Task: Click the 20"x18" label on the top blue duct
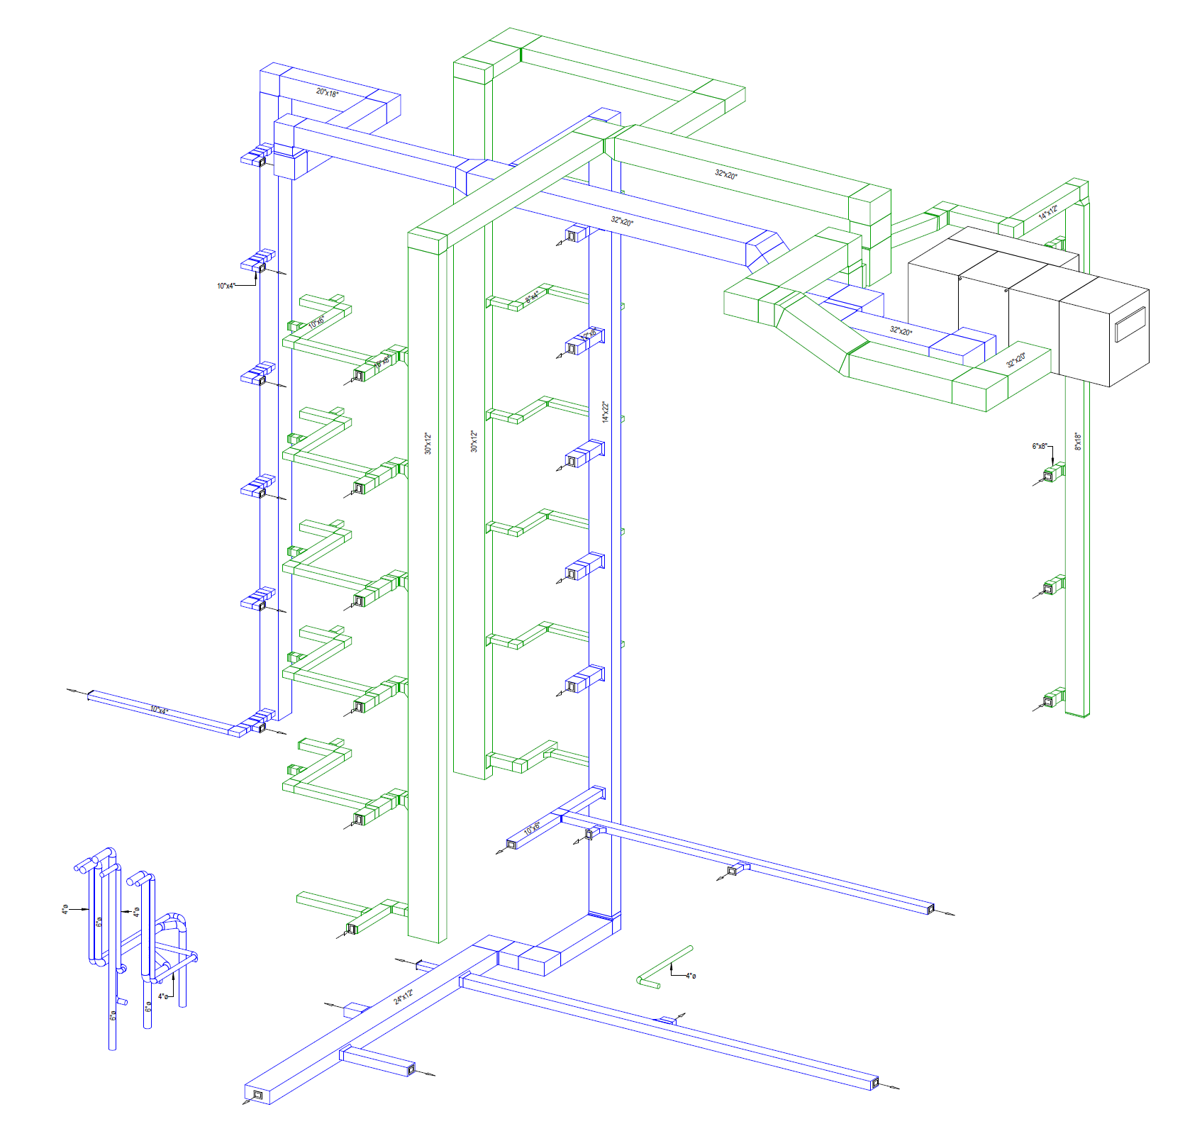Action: pos(327,93)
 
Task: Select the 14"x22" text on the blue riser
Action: pos(606,412)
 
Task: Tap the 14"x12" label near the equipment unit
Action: pos(1048,212)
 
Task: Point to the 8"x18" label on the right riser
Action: pos(1078,442)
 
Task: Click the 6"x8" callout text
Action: pos(1039,446)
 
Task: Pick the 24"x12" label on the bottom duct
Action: pos(404,996)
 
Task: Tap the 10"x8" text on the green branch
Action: pos(382,362)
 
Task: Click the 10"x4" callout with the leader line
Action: pos(226,286)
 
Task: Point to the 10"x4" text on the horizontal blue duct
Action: pos(159,710)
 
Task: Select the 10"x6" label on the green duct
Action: pos(316,322)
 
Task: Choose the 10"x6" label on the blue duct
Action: pos(532,828)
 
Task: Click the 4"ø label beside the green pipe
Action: pos(691,976)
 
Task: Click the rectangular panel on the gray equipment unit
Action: pos(1130,325)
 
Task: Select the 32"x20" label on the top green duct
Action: pos(725,174)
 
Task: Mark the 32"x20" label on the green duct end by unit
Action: pos(1016,360)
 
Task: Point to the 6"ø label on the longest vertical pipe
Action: pos(113,1015)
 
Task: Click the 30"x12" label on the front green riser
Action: pos(428,443)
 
